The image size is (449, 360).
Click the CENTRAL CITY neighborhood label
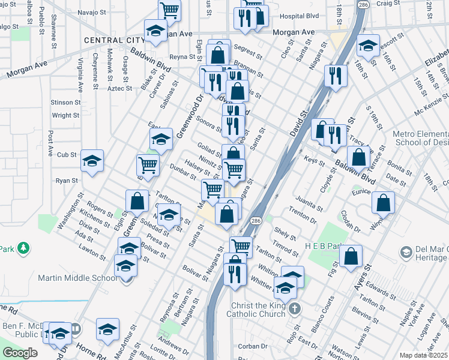coord(115,40)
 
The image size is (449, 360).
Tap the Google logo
coord(19,353)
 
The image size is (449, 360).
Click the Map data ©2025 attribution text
coord(423,355)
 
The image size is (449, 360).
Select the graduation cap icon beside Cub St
coord(92,161)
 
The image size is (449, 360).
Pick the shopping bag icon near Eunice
coord(383,203)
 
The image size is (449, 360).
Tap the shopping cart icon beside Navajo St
coord(170,10)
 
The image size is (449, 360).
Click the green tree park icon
coord(23,248)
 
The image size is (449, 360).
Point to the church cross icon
coord(294,309)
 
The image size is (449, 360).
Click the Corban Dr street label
coord(252,346)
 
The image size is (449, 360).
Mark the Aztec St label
coord(119,88)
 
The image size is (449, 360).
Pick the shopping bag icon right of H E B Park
coord(351,256)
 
